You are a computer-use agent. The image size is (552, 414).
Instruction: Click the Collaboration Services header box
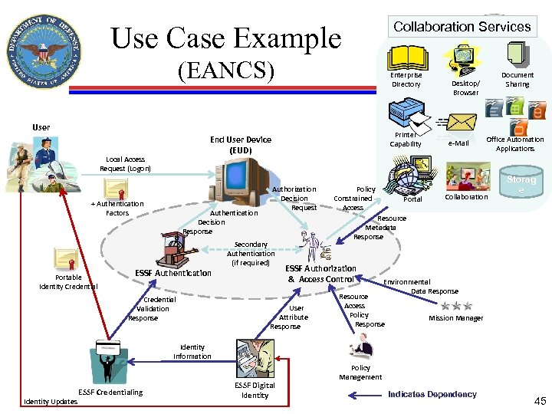tap(462, 26)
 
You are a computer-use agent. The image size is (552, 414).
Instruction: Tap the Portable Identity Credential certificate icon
tap(65, 260)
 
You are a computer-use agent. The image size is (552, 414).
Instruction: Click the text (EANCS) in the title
tap(225, 71)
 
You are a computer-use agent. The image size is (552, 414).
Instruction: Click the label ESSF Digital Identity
tap(255, 390)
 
